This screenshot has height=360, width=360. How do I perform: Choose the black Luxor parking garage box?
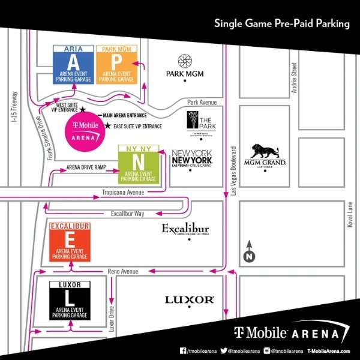click(x=71, y=299)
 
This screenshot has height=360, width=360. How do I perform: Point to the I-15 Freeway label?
click(x=14, y=109)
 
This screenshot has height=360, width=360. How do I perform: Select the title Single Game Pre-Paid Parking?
click(x=282, y=25)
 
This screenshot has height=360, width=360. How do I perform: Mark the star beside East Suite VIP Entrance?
click(x=107, y=126)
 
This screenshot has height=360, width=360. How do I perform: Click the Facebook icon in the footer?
click(x=183, y=350)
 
